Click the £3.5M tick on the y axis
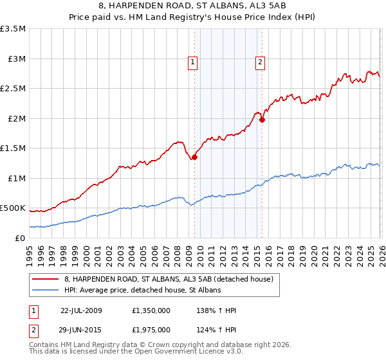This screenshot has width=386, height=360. (13, 29)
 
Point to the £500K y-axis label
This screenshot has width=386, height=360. (13, 208)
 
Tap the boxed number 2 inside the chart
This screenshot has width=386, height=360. (260, 62)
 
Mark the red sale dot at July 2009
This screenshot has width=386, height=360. (194, 157)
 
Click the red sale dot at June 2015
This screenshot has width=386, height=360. (262, 120)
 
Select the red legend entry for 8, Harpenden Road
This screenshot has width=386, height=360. (169, 279)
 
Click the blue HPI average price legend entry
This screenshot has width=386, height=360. (142, 291)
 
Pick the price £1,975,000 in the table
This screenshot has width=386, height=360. (151, 329)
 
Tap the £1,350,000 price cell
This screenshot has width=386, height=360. (151, 310)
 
